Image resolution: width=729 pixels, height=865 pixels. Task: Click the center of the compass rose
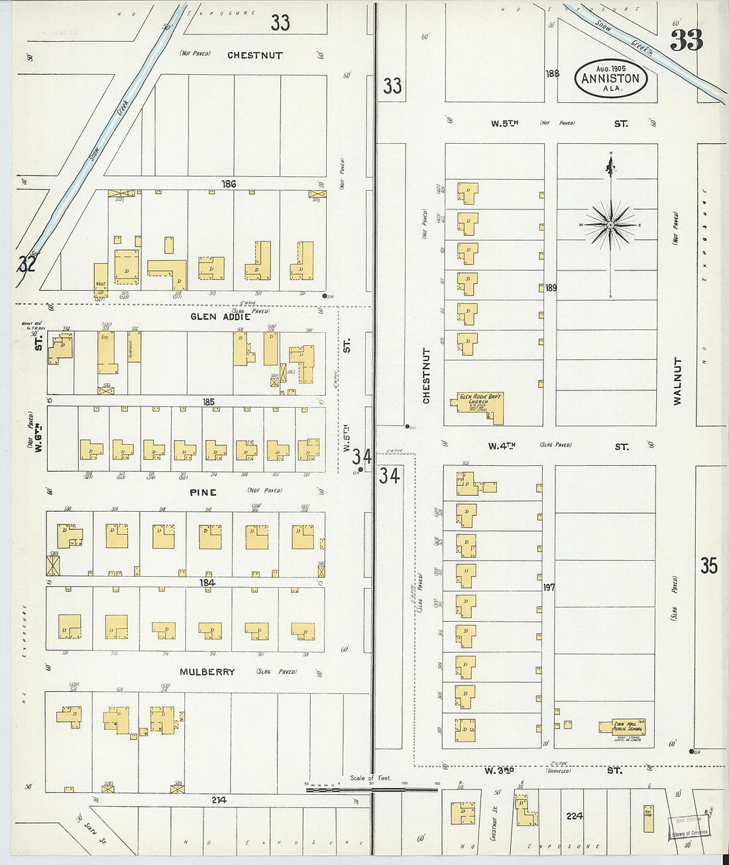pos(610,225)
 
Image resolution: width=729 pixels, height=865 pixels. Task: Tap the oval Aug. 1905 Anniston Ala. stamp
pos(610,78)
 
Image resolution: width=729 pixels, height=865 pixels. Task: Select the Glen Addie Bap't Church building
pos(480,406)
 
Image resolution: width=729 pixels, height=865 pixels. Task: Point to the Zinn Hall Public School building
pos(623,726)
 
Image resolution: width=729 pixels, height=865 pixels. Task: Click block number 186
pos(229,184)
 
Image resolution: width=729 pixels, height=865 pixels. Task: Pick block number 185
pos(208,402)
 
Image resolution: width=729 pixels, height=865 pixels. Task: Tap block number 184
pos(207,583)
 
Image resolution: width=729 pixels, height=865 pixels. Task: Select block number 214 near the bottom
pos(219,800)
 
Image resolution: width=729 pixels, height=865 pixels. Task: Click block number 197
pos(549,587)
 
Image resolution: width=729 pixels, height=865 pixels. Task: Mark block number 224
pos(574,816)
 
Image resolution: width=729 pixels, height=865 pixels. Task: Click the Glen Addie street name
pos(220,316)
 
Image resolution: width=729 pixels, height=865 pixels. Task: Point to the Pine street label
pos(203,492)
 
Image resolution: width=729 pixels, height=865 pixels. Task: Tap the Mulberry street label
pos(207,671)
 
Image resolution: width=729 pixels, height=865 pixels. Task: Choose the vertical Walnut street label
pos(677,381)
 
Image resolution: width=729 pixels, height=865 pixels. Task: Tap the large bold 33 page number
pos(686,41)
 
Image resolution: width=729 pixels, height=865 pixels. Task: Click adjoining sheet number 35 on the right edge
pos(708,565)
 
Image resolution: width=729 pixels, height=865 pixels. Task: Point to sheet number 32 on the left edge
pos(27,264)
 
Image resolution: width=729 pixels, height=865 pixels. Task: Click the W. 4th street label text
pos(502,446)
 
